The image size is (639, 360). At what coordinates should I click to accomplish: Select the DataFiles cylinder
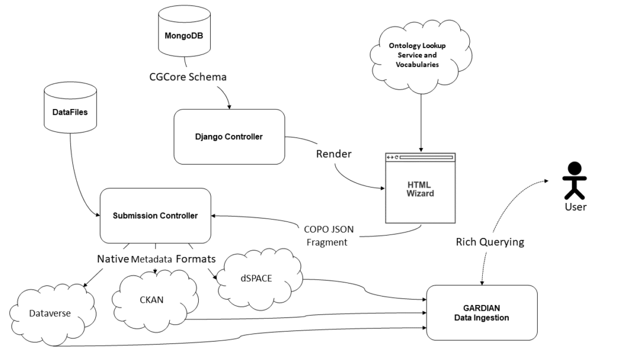70,110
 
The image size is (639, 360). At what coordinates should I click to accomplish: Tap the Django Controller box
228,137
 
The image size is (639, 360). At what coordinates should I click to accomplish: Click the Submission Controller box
155,215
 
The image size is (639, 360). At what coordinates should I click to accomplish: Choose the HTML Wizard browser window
421,189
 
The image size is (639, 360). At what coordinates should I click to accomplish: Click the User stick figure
573,180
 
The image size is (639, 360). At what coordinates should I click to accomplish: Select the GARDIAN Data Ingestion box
482,313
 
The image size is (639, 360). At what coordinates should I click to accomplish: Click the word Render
334,154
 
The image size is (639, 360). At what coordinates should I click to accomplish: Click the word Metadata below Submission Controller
151,259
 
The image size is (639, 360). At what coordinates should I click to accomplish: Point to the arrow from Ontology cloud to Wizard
421,118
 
